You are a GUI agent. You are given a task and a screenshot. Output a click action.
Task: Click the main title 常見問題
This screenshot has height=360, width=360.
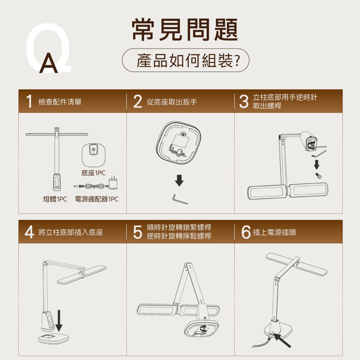(185, 30)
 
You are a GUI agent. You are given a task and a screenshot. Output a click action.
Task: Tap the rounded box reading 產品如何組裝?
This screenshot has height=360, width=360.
(185, 60)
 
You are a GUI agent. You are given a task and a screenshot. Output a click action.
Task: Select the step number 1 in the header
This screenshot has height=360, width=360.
(29, 101)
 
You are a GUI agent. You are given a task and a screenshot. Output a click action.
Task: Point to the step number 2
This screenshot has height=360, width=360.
(138, 101)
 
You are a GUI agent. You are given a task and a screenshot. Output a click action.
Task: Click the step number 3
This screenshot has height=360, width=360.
(244, 101)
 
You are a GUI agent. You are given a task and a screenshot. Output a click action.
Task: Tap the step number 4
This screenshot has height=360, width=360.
(30, 232)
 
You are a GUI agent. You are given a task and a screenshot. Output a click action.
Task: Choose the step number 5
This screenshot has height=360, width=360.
(138, 232)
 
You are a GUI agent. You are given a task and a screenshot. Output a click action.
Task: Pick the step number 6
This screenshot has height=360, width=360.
(246, 232)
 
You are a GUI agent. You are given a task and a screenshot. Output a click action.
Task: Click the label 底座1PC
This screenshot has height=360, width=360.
(93, 173)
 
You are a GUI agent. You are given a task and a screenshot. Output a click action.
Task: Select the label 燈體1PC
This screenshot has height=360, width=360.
(55, 199)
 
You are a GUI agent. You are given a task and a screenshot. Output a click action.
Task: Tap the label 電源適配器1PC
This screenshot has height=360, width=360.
(96, 199)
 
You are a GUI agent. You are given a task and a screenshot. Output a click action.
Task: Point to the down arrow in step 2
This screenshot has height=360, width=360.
(179, 180)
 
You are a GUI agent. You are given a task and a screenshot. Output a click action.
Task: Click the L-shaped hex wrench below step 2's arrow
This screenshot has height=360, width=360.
(180, 199)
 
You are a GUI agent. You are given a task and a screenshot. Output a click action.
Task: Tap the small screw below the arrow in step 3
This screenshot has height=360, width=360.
(318, 176)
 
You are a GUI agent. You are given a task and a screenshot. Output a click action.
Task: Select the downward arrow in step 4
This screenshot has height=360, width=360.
(59, 320)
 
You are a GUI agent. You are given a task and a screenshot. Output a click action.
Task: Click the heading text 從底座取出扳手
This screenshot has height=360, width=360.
(172, 102)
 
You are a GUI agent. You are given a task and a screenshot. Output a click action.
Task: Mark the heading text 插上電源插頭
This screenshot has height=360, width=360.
(274, 232)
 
